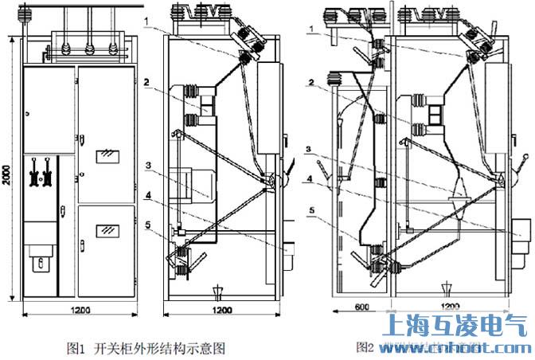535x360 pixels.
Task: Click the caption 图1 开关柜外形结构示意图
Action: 147,347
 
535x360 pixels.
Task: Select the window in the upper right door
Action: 104,156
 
